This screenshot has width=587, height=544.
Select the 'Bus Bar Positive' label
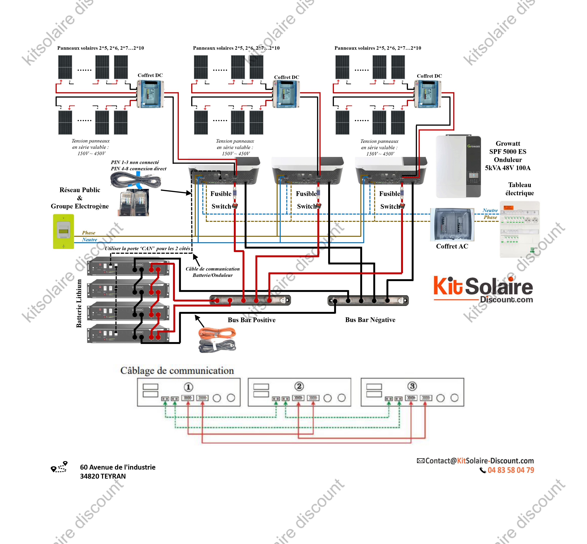(252, 320)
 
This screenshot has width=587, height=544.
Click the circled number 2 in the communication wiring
(299, 386)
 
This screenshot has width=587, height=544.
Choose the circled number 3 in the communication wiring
(412, 386)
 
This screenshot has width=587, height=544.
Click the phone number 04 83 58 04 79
(511, 470)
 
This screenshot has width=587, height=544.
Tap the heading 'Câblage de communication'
(177, 370)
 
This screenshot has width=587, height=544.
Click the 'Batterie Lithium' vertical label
(79, 303)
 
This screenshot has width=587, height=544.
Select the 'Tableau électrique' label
(520, 189)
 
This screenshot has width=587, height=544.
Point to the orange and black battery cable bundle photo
(217, 340)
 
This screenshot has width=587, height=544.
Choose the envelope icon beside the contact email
(420, 461)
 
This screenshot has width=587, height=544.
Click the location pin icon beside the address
(59, 467)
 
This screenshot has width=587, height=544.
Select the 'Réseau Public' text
(80, 190)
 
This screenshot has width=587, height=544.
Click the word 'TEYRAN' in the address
(113, 476)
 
